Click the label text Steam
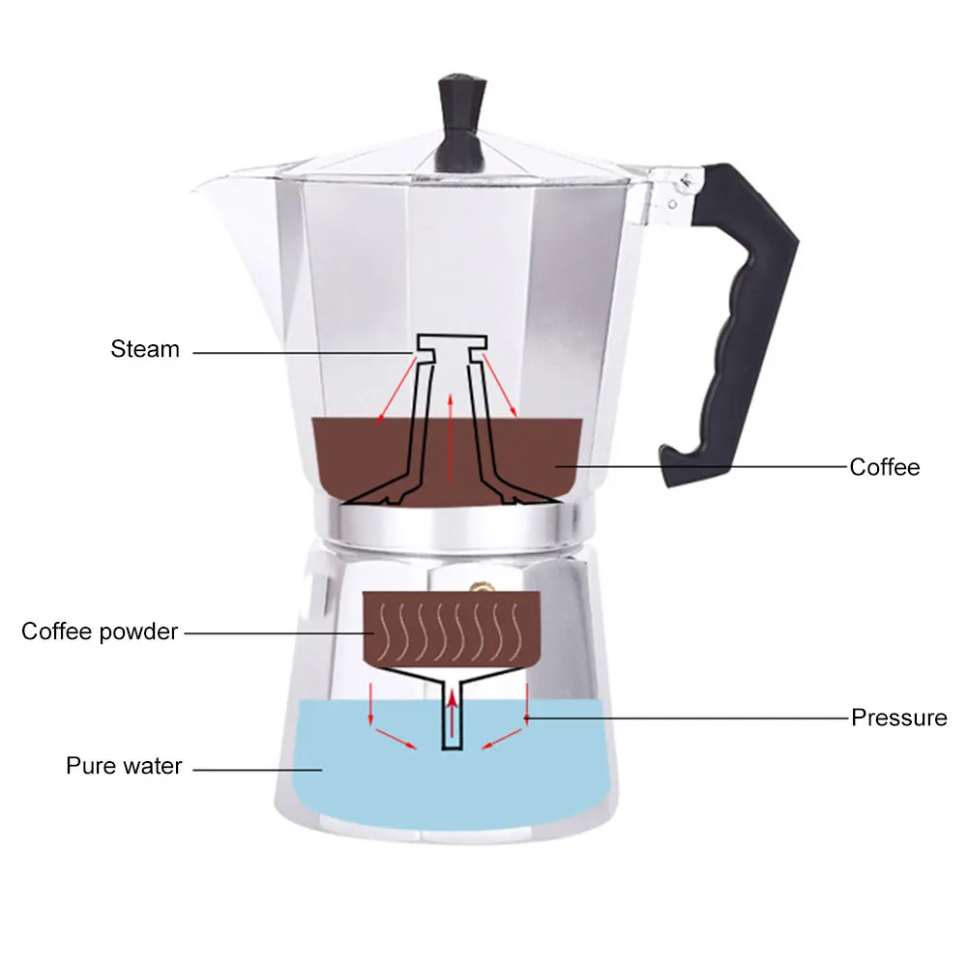pos(145,349)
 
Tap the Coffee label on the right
pos(884,467)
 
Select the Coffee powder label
pos(100,632)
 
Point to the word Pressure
pos(898,718)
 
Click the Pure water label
pos(124,766)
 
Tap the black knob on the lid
pos(460,115)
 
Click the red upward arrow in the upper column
pos(451,435)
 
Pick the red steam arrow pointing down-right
pos(501,388)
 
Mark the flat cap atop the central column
pos(450,343)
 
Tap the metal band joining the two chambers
pos(451,525)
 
